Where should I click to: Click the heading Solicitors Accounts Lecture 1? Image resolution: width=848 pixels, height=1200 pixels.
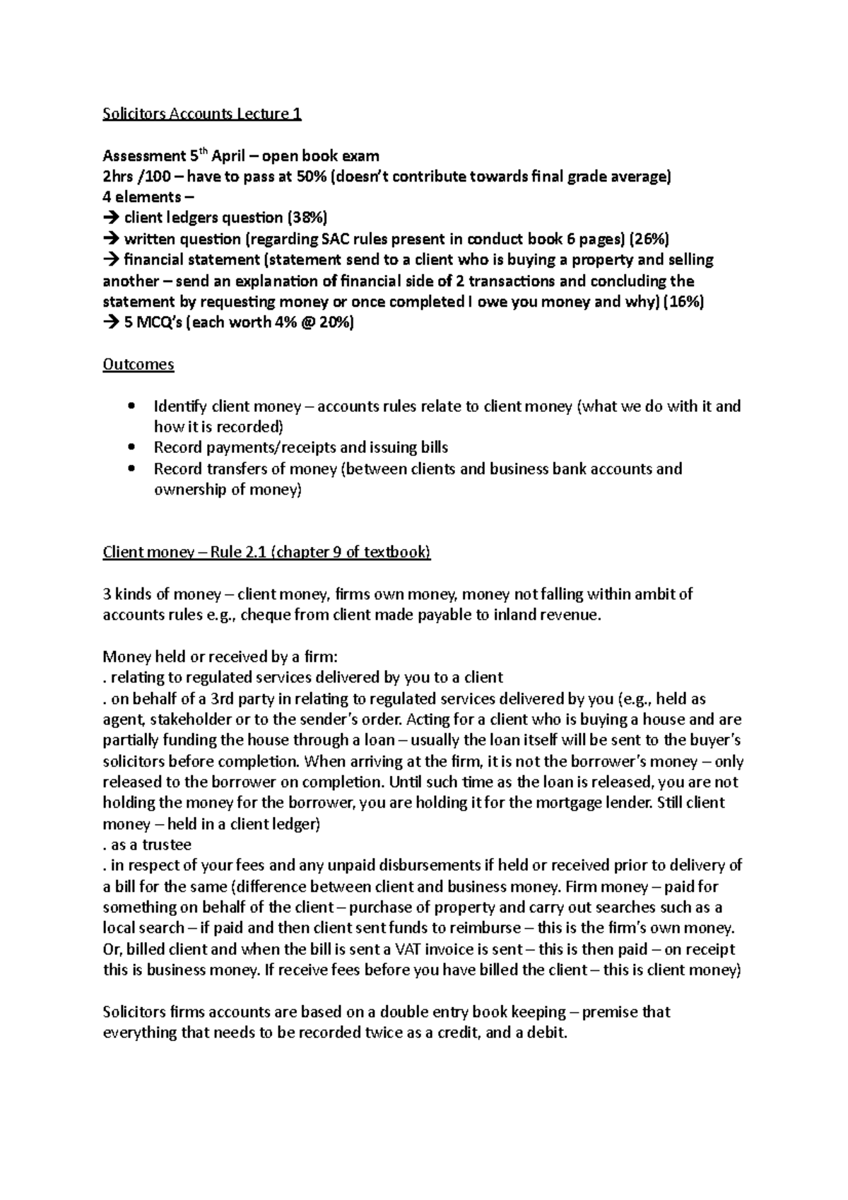coord(202,114)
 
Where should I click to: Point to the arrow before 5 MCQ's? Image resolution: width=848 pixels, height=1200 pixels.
coord(111,323)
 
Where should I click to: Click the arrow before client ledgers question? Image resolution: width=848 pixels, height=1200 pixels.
coord(111,218)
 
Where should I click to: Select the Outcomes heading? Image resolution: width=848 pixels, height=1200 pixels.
coord(138,365)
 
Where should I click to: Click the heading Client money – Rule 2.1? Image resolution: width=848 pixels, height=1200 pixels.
coord(266,552)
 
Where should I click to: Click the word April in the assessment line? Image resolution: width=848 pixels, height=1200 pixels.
coord(229,155)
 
